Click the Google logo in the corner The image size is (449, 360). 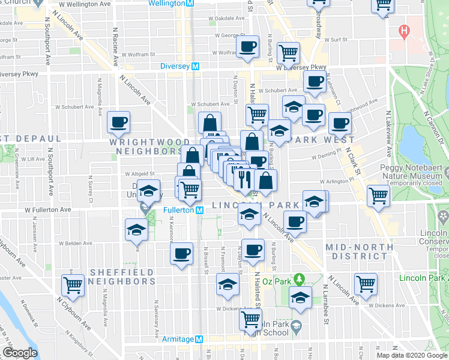[x=20, y=353]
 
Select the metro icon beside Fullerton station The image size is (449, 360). [x=201, y=211]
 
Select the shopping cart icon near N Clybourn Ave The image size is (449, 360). [x=73, y=285]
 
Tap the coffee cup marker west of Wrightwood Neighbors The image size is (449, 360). [x=118, y=122]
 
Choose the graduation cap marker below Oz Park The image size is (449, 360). [x=300, y=297]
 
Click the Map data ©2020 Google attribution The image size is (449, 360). [x=411, y=355]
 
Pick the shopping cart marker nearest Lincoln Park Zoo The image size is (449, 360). [x=366, y=284]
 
